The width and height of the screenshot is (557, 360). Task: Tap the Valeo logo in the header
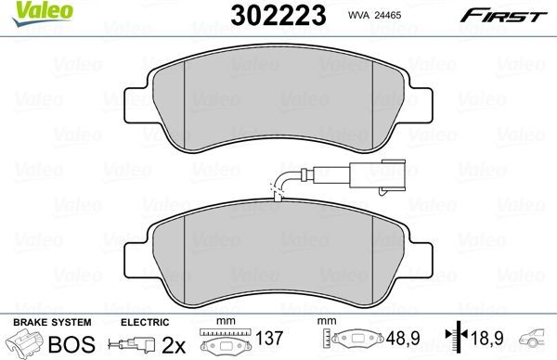(x=32, y=12)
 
